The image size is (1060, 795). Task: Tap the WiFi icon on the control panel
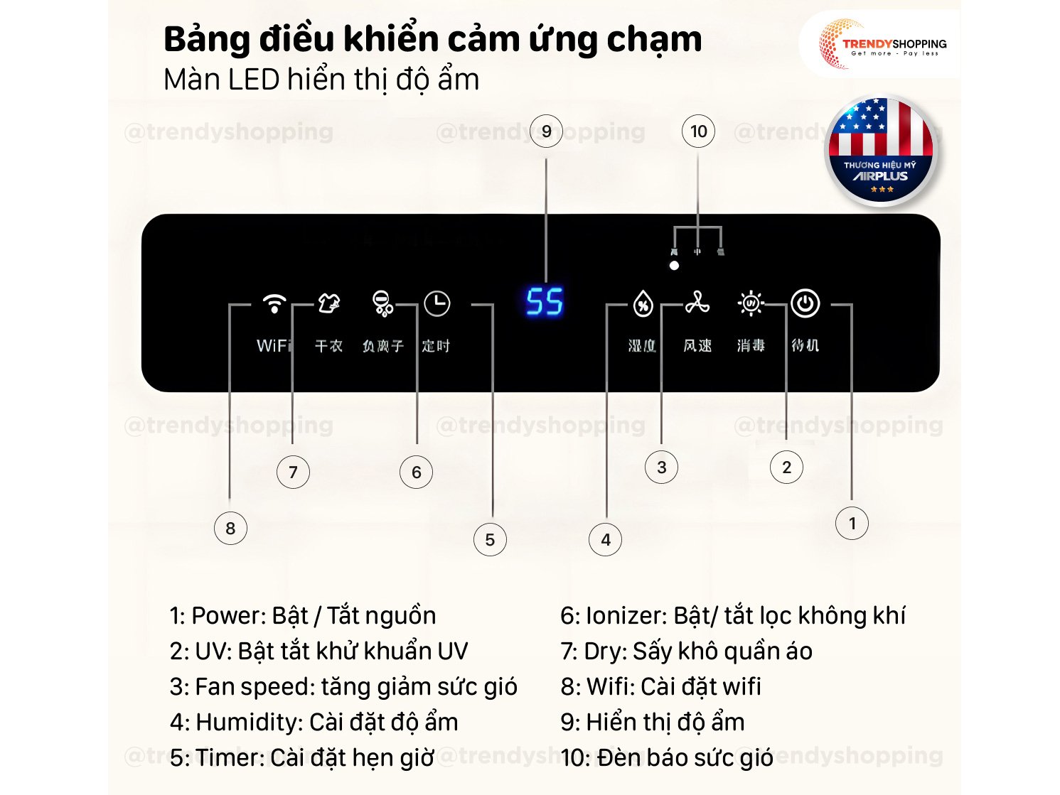point(274,304)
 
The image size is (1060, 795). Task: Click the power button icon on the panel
point(805,303)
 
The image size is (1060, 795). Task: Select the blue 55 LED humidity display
point(545,302)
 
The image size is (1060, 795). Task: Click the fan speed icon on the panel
point(697,303)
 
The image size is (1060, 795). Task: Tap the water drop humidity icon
point(643,304)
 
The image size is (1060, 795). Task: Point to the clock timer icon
point(437,304)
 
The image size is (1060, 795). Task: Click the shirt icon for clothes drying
point(328,304)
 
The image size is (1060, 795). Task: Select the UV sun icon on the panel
point(751,303)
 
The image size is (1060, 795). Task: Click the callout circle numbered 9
point(546,131)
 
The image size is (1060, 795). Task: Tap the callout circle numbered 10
point(698,131)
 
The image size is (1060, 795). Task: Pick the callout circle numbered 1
point(852,524)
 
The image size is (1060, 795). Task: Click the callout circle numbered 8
point(230,529)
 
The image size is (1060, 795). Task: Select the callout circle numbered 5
point(490,540)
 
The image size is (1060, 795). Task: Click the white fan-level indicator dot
point(674,266)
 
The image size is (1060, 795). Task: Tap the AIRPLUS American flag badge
point(880,151)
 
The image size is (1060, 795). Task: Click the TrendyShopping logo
point(882,45)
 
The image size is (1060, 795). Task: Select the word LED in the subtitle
point(254,80)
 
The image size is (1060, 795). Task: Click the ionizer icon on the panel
point(382,304)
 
